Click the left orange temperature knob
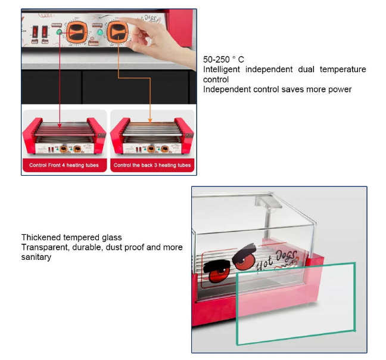79,32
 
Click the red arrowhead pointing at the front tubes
61,123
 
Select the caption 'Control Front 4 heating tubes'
64,165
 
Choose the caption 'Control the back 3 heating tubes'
152,165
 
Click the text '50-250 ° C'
223,60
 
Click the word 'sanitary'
36,257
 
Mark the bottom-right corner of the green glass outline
355,330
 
